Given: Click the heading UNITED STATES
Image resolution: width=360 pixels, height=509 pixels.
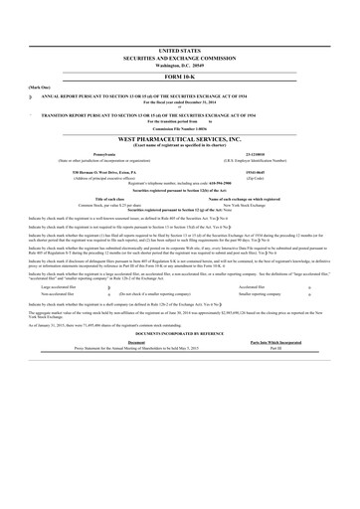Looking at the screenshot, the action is pos(179,49).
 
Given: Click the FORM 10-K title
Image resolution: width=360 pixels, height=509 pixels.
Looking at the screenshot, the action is pos(179,77).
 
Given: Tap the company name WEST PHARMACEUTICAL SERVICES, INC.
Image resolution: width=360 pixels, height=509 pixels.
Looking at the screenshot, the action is pos(179,141).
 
